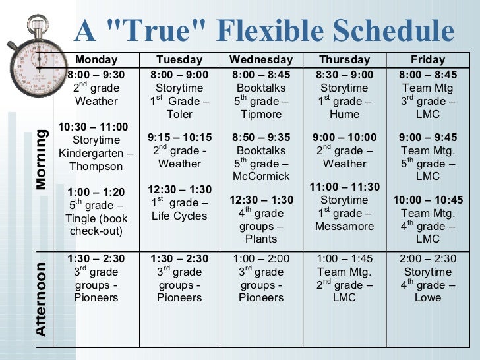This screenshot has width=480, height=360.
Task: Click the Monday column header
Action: [x=96, y=59]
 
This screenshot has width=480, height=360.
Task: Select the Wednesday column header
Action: [x=261, y=59]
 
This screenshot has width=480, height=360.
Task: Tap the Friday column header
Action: [x=427, y=59]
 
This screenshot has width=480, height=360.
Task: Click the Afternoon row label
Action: [x=42, y=300]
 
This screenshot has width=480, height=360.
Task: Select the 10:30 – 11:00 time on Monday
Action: [x=94, y=127]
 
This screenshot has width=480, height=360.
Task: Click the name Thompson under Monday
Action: [x=96, y=167]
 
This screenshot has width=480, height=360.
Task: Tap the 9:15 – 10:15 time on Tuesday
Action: [x=179, y=137]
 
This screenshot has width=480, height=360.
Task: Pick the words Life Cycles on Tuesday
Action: [x=179, y=216]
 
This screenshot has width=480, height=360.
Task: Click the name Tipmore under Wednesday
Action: [x=262, y=114]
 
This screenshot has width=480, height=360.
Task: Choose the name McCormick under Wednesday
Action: [x=262, y=176]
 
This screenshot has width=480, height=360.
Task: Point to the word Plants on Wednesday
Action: [x=262, y=239]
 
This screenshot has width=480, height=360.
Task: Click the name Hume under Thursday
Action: [x=344, y=114]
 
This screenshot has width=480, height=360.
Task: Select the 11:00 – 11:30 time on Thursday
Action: [x=344, y=187]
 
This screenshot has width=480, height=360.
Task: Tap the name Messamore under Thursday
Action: [x=344, y=226]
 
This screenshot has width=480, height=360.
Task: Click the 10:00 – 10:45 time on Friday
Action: [x=428, y=200]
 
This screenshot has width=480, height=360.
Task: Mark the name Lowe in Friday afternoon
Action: [x=428, y=298]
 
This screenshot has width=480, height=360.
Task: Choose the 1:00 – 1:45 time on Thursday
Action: [x=344, y=258]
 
